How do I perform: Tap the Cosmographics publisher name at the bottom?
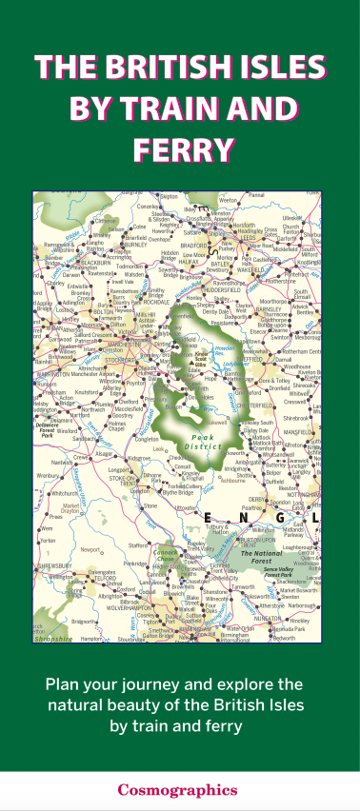tap(179, 788)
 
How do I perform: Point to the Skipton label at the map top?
tap(169, 197)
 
